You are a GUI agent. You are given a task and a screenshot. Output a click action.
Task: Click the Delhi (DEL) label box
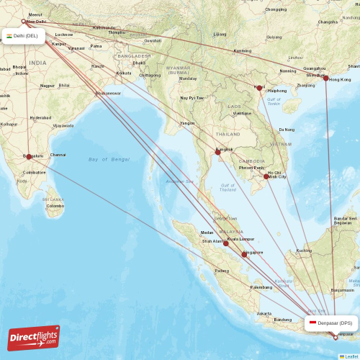click(24, 35)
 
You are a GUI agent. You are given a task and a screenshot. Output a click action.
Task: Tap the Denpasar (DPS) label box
click(330, 323)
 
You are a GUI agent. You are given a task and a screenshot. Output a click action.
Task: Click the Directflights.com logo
click(34, 337)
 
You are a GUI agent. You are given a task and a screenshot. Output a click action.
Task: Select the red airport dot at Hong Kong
click(326, 78)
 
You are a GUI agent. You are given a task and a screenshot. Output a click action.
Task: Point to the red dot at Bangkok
click(217, 151)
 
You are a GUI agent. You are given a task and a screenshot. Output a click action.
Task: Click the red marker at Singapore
click(245, 254)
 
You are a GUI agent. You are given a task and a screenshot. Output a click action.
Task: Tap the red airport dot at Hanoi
click(260, 89)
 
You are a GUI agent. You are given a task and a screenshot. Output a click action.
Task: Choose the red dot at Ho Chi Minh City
click(267, 176)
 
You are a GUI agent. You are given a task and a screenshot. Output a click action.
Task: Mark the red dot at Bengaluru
click(29, 156)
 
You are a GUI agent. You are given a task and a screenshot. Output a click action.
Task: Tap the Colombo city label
click(55, 206)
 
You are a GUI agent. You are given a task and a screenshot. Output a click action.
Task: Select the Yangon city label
click(187, 123)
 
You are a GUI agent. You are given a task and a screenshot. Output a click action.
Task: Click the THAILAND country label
click(228, 135)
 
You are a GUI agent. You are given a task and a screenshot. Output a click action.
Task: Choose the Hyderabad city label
click(40, 117)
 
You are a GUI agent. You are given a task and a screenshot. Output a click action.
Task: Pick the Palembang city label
click(261, 287)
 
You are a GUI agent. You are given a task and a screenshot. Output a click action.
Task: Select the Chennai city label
click(58, 155)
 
